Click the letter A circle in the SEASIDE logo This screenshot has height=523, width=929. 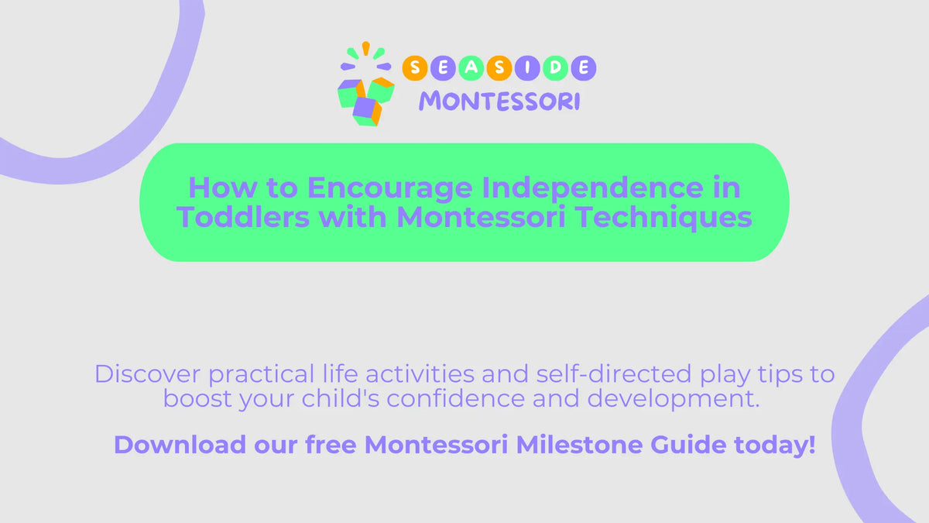(471, 68)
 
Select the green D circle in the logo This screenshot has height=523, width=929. (556, 68)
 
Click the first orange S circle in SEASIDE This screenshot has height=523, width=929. (416, 68)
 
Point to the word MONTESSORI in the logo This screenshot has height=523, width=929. (499, 101)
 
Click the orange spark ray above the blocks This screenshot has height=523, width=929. (365, 48)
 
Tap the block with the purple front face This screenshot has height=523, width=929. (366, 111)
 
